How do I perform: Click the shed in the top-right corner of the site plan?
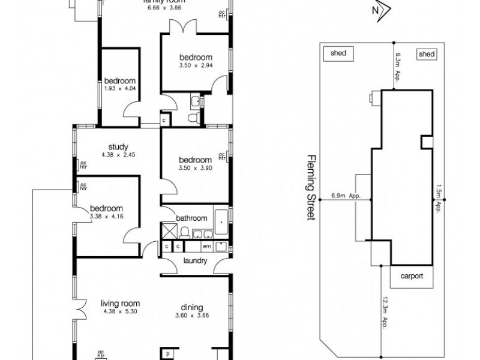pyautogui.click(x=426, y=54)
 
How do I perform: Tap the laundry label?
pyautogui.click(x=192, y=260)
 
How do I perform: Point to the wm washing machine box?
pyautogui.click(x=206, y=246)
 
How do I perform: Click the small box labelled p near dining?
pyautogui.click(x=168, y=353)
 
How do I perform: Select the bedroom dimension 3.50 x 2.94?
pyautogui.click(x=195, y=65)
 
